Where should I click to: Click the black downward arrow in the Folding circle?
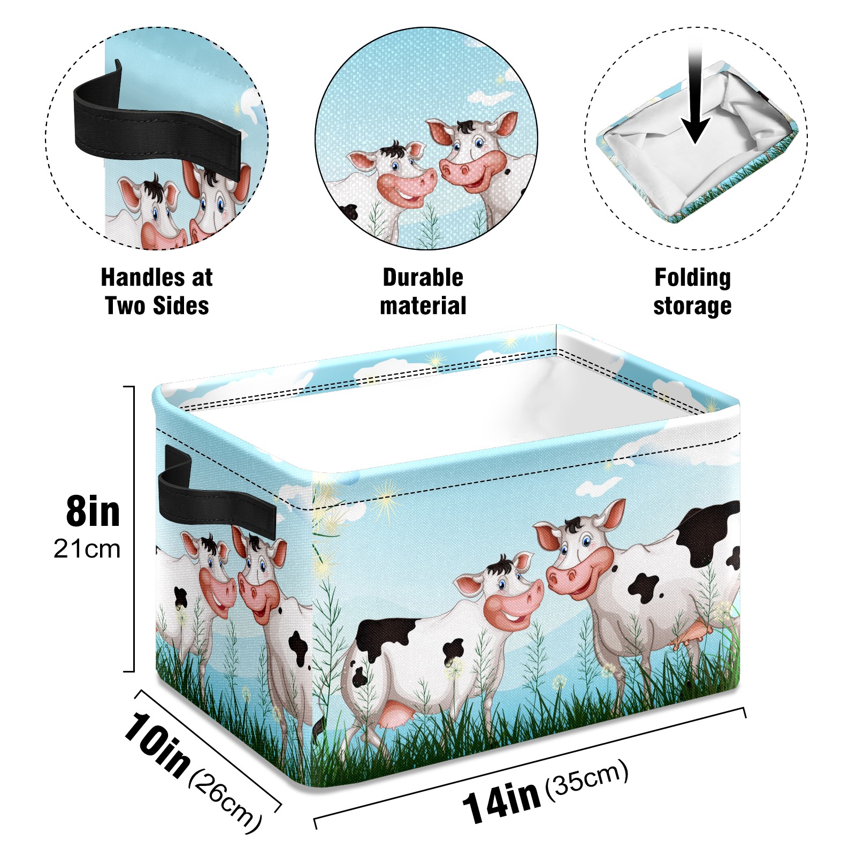695,96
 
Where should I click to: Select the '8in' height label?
93,511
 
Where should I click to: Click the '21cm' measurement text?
87,549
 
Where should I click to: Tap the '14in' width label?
501,801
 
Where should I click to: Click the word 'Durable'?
423,278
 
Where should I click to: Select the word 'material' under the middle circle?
423,306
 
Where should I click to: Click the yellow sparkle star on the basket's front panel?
386,499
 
